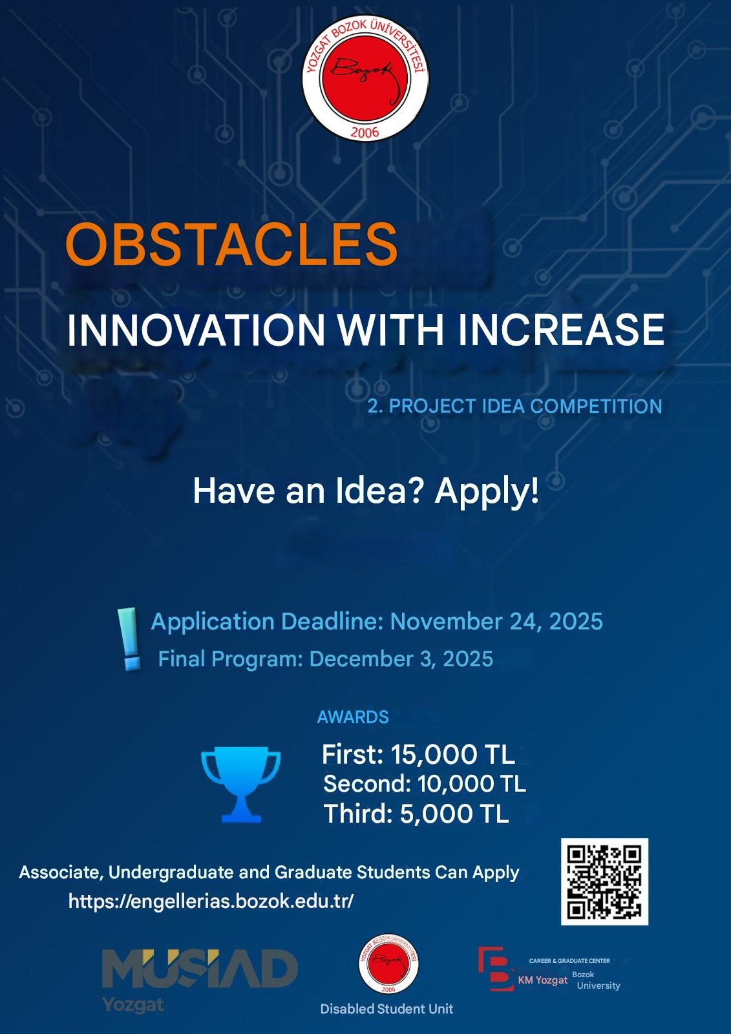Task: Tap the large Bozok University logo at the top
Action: click(x=365, y=79)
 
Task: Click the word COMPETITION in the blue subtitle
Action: click(x=596, y=406)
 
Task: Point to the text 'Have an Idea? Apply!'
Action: click(x=366, y=491)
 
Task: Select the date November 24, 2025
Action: click(x=496, y=621)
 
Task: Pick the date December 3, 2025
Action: click(x=401, y=659)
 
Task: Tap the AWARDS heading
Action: click(x=353, y=717)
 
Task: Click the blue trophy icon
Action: click(x=240, y=785)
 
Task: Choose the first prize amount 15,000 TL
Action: click(x=452, y=755)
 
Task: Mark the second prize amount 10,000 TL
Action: click(x=471, y=784)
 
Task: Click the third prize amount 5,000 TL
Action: click(x=454, y=814)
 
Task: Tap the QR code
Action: click(x=604, y=882)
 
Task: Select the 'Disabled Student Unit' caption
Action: click(x=387, y=1009)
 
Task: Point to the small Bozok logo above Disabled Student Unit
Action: click(x=389, y=964)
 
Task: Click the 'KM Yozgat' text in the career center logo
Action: click(x=542, y=980)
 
